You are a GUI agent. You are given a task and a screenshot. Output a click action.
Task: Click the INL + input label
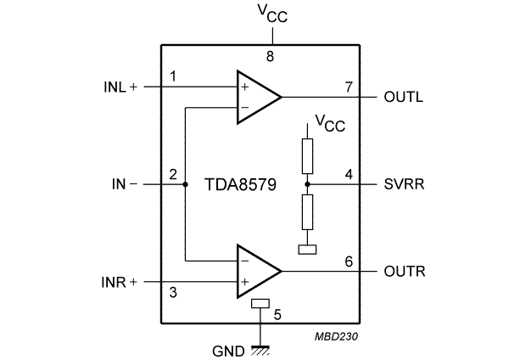coord(119,86)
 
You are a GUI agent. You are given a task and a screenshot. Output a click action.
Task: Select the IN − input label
coord(124,183)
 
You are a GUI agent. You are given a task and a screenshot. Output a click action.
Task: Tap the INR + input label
coord(119,282)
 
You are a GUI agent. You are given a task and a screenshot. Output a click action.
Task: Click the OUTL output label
coord(405,96)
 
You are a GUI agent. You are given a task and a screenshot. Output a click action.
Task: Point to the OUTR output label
coord(405,272)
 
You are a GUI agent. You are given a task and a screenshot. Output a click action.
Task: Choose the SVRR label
coord(404,183)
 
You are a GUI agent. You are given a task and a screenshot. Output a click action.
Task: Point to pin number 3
coord(173,294)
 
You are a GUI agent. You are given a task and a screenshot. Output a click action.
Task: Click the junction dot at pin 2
coord(186,183)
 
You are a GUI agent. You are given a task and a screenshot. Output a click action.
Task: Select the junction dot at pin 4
coord(307,183)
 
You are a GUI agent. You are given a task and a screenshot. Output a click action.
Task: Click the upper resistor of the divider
coord(307,155)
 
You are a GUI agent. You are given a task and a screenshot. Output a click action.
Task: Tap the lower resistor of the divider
coord(307,211)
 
